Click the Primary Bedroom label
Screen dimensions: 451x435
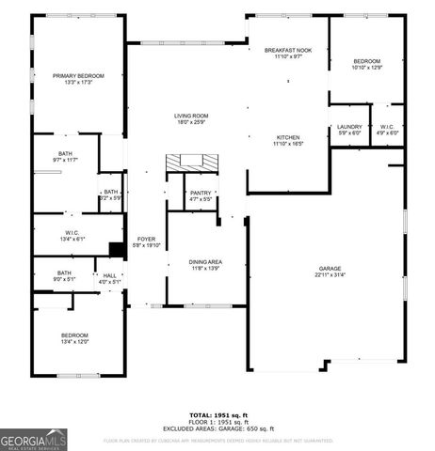tap(78, 75)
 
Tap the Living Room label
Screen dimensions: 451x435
tap(191, 116)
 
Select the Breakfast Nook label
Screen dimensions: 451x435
tap(282, 50)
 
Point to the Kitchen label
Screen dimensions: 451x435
tap(287, 136)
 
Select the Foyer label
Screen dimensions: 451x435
tap(147, 239)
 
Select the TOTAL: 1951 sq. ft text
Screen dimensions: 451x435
tap(217, 414)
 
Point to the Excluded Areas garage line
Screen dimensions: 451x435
tap(217, 428)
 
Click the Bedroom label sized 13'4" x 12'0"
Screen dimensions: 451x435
tap(75, 335)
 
